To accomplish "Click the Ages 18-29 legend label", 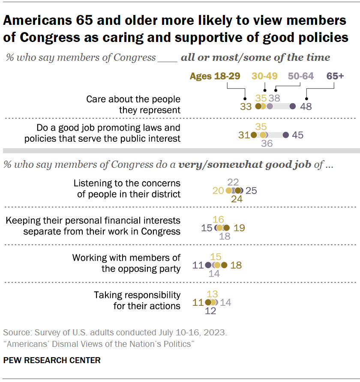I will tap(215, 76).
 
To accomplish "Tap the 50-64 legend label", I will tap(301, 76).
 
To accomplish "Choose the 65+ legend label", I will tap(336, 76).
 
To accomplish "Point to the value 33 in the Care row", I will tap(246, 106).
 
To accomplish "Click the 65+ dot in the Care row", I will tap(293, 106).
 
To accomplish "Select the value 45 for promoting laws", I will tap(298, 135).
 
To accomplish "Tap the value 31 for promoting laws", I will tap(244, 135).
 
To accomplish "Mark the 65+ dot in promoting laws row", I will tap(286, 135).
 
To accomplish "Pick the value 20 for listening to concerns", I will tap(218, 190).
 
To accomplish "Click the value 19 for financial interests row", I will tap(239, 228).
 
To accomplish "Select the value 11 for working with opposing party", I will tap(198, 265).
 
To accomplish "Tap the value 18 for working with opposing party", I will tap(236, 265).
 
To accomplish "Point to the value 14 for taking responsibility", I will tap(226, 302).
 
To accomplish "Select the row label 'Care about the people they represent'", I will tap(133, 104).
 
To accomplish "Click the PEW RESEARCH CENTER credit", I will tap(52, 360).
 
